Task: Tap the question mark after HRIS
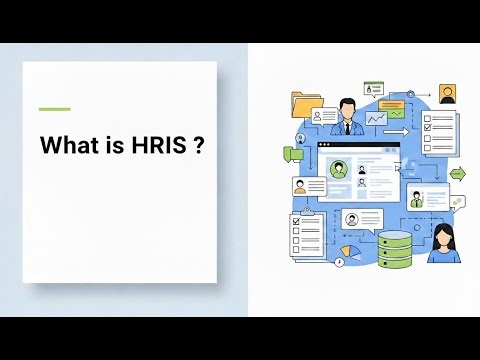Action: click(200, 145)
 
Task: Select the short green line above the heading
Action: click(54, 109)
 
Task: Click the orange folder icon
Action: click(305, 103)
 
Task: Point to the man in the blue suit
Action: click(347, 117)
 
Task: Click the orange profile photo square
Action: click(447, 94)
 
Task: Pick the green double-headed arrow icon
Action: click(457, 174)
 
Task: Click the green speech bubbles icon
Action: click(293, 153)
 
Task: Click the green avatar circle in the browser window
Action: click(338, 169)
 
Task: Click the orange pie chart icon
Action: click(348, 250)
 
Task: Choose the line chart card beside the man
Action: click(377, 119)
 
